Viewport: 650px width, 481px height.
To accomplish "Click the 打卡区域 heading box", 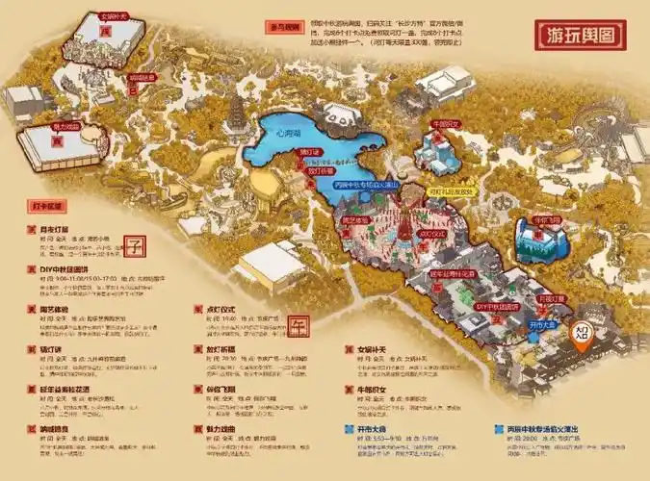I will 46,206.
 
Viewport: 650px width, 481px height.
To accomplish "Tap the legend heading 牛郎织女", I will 366,390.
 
